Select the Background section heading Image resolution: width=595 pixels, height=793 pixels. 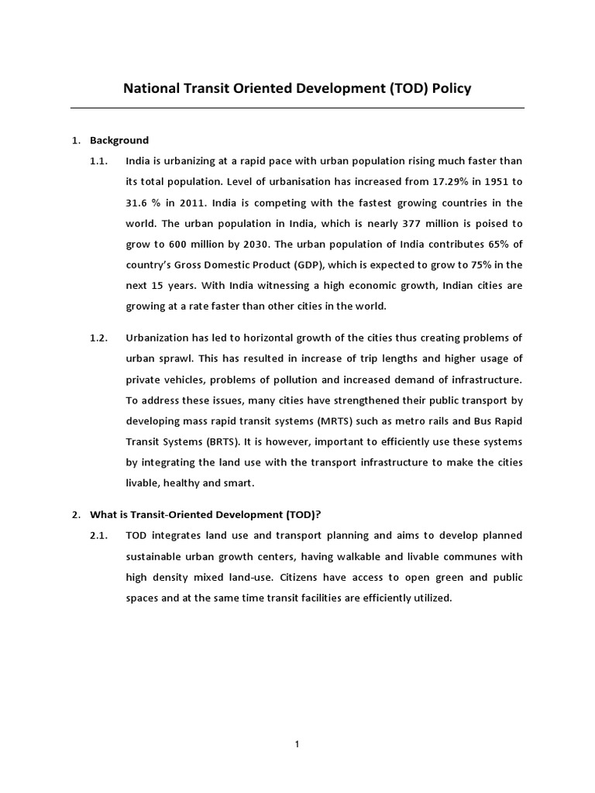[119, 140]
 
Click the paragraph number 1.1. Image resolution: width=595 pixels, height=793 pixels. [99, 161]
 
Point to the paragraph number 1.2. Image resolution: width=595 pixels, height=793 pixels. [99, 338]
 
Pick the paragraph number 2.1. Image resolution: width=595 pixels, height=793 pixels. [99, 536]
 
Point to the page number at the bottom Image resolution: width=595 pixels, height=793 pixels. [297, 744]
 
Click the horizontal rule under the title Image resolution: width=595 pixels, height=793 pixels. [297, 108]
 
